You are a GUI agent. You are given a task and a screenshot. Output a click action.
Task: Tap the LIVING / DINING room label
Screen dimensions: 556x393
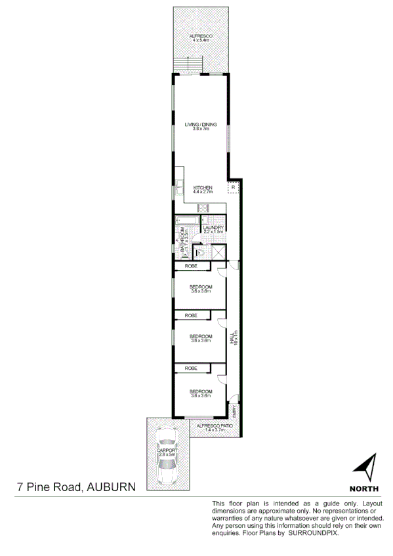click(200, 125)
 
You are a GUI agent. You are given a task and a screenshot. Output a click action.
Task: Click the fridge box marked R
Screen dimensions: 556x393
click(234, 188)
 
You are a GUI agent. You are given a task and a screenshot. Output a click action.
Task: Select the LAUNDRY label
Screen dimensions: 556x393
click(214, 228)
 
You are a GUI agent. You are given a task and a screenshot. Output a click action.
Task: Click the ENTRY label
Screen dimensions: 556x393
click(235, 412)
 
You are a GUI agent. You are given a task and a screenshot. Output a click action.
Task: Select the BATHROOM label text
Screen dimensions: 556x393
click(184, 241)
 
